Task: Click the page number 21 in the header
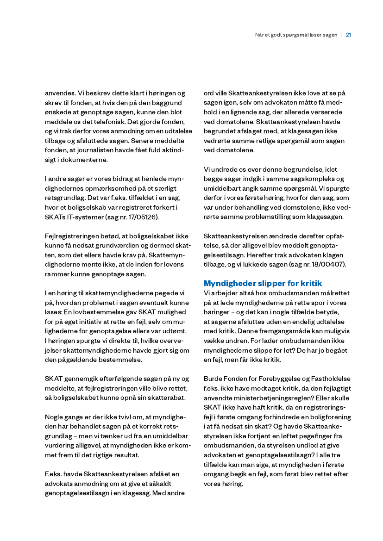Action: pyautogui.click(x=348, y=35)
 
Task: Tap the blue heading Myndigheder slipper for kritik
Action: pyautogui.click(x=263, y=283)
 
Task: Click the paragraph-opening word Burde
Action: pyautogui.click(x=213, y=379)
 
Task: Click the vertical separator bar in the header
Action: pyautogui.click(x=341, y=35)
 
